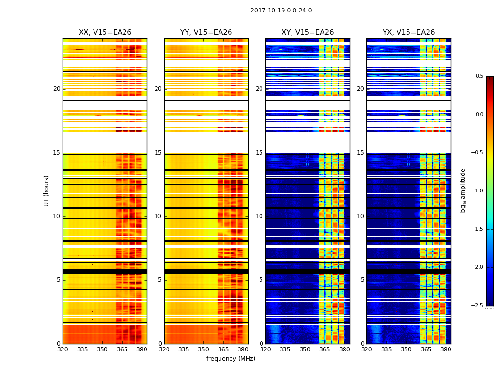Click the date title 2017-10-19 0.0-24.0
tap(281, 11)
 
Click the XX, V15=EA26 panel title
tap(105, 32)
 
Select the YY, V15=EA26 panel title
tap(206, 32)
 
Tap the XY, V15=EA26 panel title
tap(308, 32)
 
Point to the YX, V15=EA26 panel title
tap(409, 32)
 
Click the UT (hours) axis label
tap(47, 191)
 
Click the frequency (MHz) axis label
tap(230, 359)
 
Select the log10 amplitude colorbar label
tap(463, 191)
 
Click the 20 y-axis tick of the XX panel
tap(57, 89)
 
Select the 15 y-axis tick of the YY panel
tap(158, 153)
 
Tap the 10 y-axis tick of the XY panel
tap(260, 216)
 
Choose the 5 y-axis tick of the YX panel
tap(363, 280)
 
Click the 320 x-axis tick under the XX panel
tap(63, 350)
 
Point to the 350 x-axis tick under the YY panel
tap(204, 350)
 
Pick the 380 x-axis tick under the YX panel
tap(446, 350)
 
